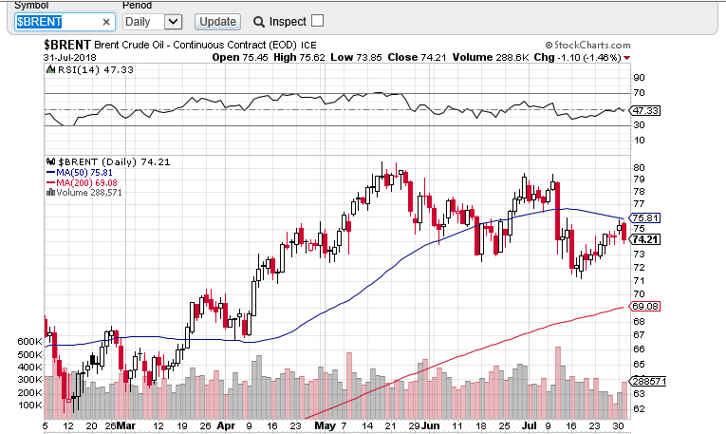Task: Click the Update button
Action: pos(217,21)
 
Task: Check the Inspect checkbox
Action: pos(317,21)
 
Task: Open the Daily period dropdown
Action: pos(152,21)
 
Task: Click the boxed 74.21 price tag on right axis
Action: pos(645,238)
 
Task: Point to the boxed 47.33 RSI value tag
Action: pos(645,111)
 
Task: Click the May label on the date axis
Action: pos(325,426)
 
